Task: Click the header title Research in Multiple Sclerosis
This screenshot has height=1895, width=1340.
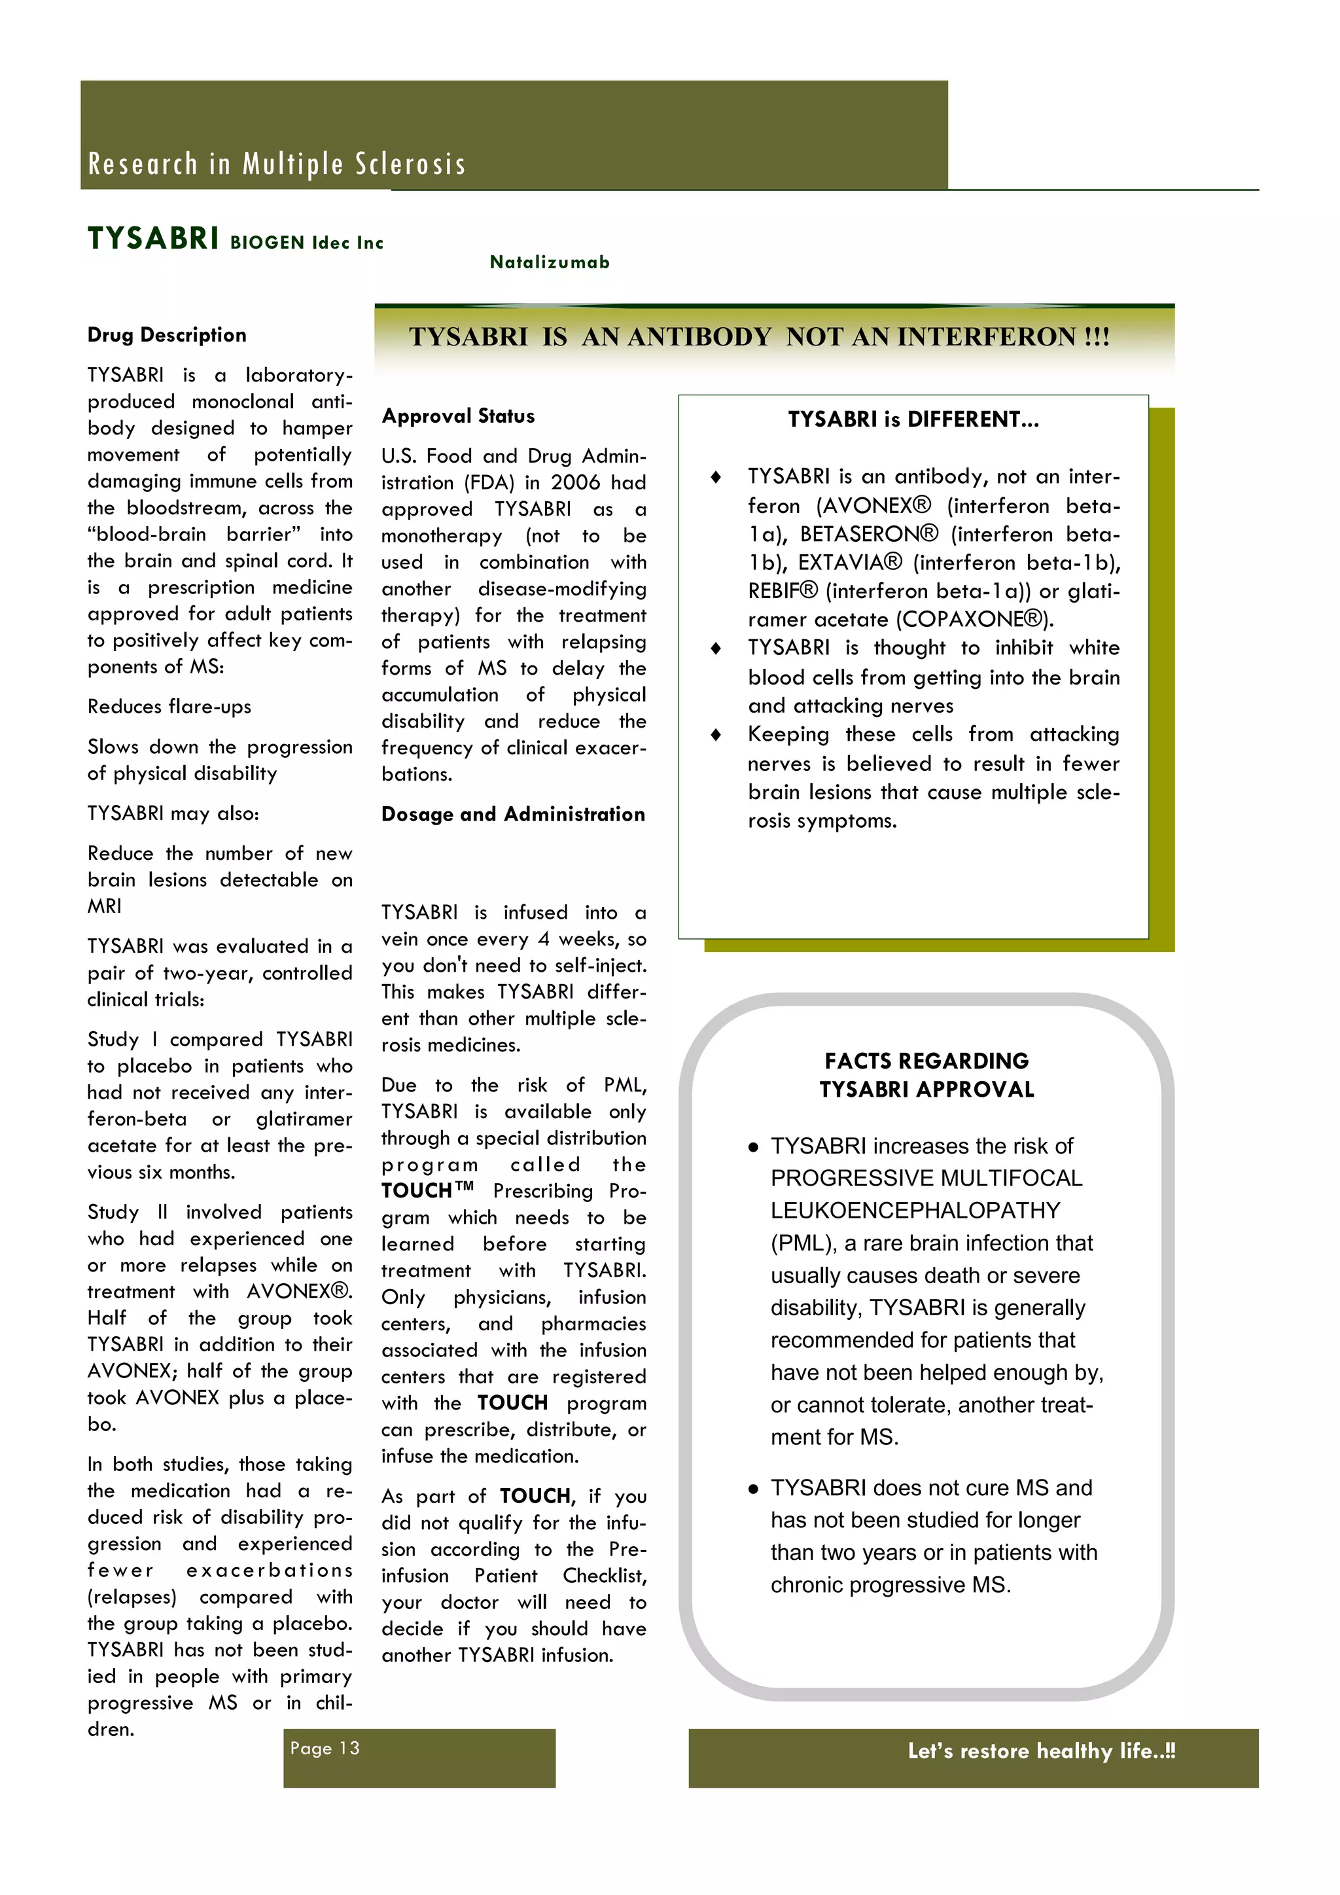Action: click(x=276, y=164)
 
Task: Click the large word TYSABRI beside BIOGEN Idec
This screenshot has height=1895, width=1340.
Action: click(x=154, y=239)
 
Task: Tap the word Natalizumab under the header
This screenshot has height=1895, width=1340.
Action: click(x=550, y=262)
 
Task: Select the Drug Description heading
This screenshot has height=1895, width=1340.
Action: click(x=167, y=335)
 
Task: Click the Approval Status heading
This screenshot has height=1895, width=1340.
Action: click(x=458, y=416)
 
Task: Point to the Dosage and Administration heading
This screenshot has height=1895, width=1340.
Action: click(x=512, y=815)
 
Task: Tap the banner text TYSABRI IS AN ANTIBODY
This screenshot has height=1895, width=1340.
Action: click(x=758, y=337)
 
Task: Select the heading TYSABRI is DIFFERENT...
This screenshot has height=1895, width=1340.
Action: click(x=913, y=419)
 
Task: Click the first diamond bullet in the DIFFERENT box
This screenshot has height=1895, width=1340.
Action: click(x=715, y=477)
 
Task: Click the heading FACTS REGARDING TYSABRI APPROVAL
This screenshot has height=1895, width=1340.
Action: click(x=926, y=1074)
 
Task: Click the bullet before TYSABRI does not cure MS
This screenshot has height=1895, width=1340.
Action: click(x=752, y=1489)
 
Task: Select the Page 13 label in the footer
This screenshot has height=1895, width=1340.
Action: click(x=325, y=1748)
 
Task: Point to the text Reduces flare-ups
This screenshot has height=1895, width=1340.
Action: click(x=169, y=707)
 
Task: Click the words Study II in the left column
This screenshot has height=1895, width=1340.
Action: click(x=128, y=1213)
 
